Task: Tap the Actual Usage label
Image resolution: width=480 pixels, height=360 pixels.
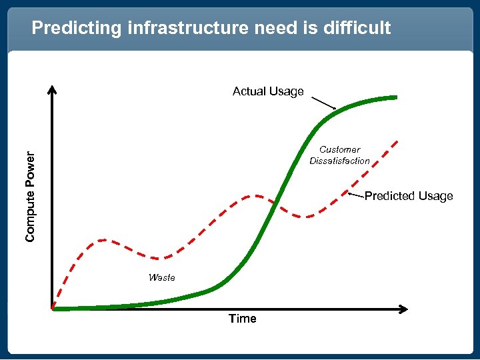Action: click(x=268, y=91)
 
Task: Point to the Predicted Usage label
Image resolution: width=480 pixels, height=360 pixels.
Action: click(x=409, y=196)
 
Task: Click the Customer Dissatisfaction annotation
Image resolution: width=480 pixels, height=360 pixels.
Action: click(x=339, y=155)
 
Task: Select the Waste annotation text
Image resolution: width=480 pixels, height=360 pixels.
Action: click(x=162, y=277)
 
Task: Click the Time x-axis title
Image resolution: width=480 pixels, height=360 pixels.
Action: click(x=242, y=319)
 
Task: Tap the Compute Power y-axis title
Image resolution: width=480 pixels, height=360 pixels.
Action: click(x=31, y=196)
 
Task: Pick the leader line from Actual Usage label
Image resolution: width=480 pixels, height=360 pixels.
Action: click(x=324, y=103)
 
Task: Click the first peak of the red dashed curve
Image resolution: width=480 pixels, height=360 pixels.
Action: click(x=102, y=239)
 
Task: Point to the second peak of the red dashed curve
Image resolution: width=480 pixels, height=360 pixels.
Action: click(x=251, y=196)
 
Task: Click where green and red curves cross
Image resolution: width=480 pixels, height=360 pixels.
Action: click(x=274, y=207)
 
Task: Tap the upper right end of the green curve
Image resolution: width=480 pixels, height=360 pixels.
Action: click(x=395, y=97)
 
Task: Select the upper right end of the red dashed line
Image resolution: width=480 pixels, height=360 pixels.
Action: click(x=398, y=141)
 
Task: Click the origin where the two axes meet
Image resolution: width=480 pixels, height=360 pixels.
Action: click(x=53, y=309)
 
